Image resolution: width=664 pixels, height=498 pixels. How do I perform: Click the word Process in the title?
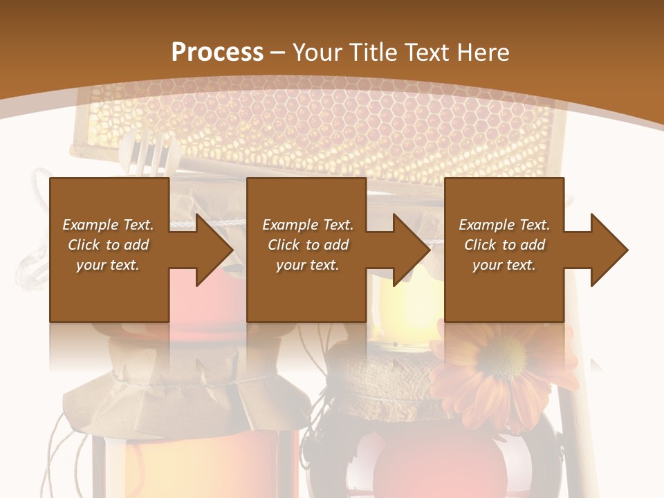tap(217, 53)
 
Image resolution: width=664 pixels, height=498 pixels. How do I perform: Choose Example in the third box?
tap(486, 225)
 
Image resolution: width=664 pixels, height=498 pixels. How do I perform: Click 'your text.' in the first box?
tap(108, 265)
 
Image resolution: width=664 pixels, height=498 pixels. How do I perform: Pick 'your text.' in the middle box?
tap(307, 265)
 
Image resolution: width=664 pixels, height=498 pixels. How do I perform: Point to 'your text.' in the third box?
tap(504, 265)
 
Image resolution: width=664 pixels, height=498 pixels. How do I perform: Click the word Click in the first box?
tap(84, 245)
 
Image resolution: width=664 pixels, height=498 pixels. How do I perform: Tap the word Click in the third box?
tap(480, 245)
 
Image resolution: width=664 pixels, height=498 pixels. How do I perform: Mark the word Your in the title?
tap(315, 53)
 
